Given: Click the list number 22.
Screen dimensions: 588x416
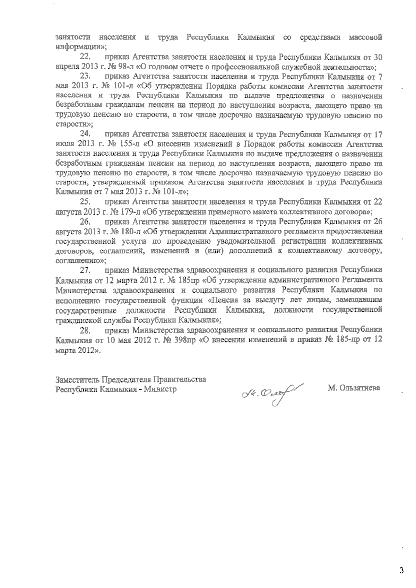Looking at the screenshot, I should pyautogui.click(x=86, y=57).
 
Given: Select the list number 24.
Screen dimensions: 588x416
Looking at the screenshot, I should pyautogui.click(x=86, y=134).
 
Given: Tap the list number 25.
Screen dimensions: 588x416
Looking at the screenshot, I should pyautogui.click(x=86, y=201).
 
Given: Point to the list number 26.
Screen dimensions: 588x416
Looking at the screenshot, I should pyautogui.click(x=86, y=221).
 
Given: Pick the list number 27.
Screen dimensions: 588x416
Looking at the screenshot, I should pyautogui.click(x=86, y=269).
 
